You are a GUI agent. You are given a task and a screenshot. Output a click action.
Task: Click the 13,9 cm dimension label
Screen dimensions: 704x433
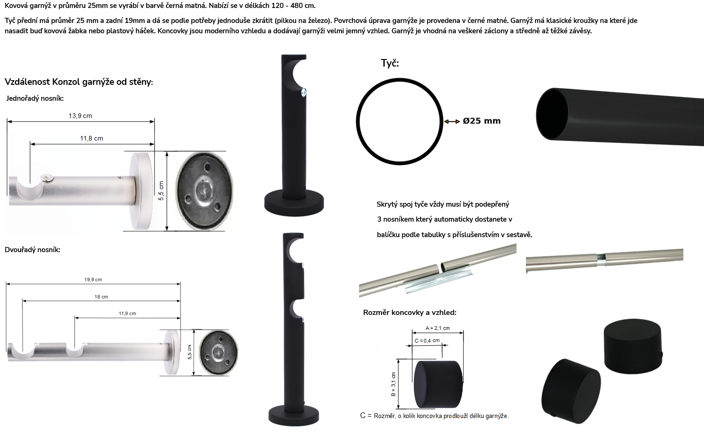click(81, 116)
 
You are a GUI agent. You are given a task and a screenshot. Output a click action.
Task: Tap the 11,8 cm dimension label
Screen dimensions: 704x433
click(91, 139)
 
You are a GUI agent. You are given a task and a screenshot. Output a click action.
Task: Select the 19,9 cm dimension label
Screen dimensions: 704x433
click(93, 280)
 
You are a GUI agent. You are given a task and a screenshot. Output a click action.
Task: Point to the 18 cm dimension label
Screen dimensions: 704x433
click(101, 297)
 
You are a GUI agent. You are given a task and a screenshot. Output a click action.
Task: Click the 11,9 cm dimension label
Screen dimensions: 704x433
click(127, 314)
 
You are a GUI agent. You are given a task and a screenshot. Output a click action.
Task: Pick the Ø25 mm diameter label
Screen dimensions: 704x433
click(481, 121)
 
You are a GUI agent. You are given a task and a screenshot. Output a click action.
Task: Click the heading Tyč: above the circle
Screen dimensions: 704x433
click(389, 63)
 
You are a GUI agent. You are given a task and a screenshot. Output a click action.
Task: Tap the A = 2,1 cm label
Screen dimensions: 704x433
click(437, 328)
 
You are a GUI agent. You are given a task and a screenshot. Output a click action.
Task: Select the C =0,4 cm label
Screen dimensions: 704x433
click(427, 341)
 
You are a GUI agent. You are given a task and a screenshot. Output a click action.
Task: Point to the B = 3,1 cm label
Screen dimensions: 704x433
click(394, 384)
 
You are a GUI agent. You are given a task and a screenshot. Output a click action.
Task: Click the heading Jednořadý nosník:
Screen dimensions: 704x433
click(35, 98)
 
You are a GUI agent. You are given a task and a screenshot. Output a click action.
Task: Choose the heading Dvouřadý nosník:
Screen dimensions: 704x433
click(32, 250)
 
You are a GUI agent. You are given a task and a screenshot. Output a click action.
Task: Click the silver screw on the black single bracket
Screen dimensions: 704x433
click(303, 92)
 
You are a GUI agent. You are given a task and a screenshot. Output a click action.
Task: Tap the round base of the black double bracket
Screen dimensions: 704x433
click(293, 416)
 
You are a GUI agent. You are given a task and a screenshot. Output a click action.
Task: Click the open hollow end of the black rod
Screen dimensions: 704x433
click(552, 113)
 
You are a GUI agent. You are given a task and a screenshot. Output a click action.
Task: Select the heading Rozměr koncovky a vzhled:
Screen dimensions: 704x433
click(410, 313)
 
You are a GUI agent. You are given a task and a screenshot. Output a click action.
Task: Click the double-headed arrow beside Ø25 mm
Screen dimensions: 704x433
click(452, 121)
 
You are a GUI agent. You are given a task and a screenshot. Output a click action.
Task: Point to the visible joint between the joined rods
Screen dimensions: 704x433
click(601, 260)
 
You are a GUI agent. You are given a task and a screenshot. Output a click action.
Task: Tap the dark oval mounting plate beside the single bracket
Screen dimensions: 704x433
click(204, 191)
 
